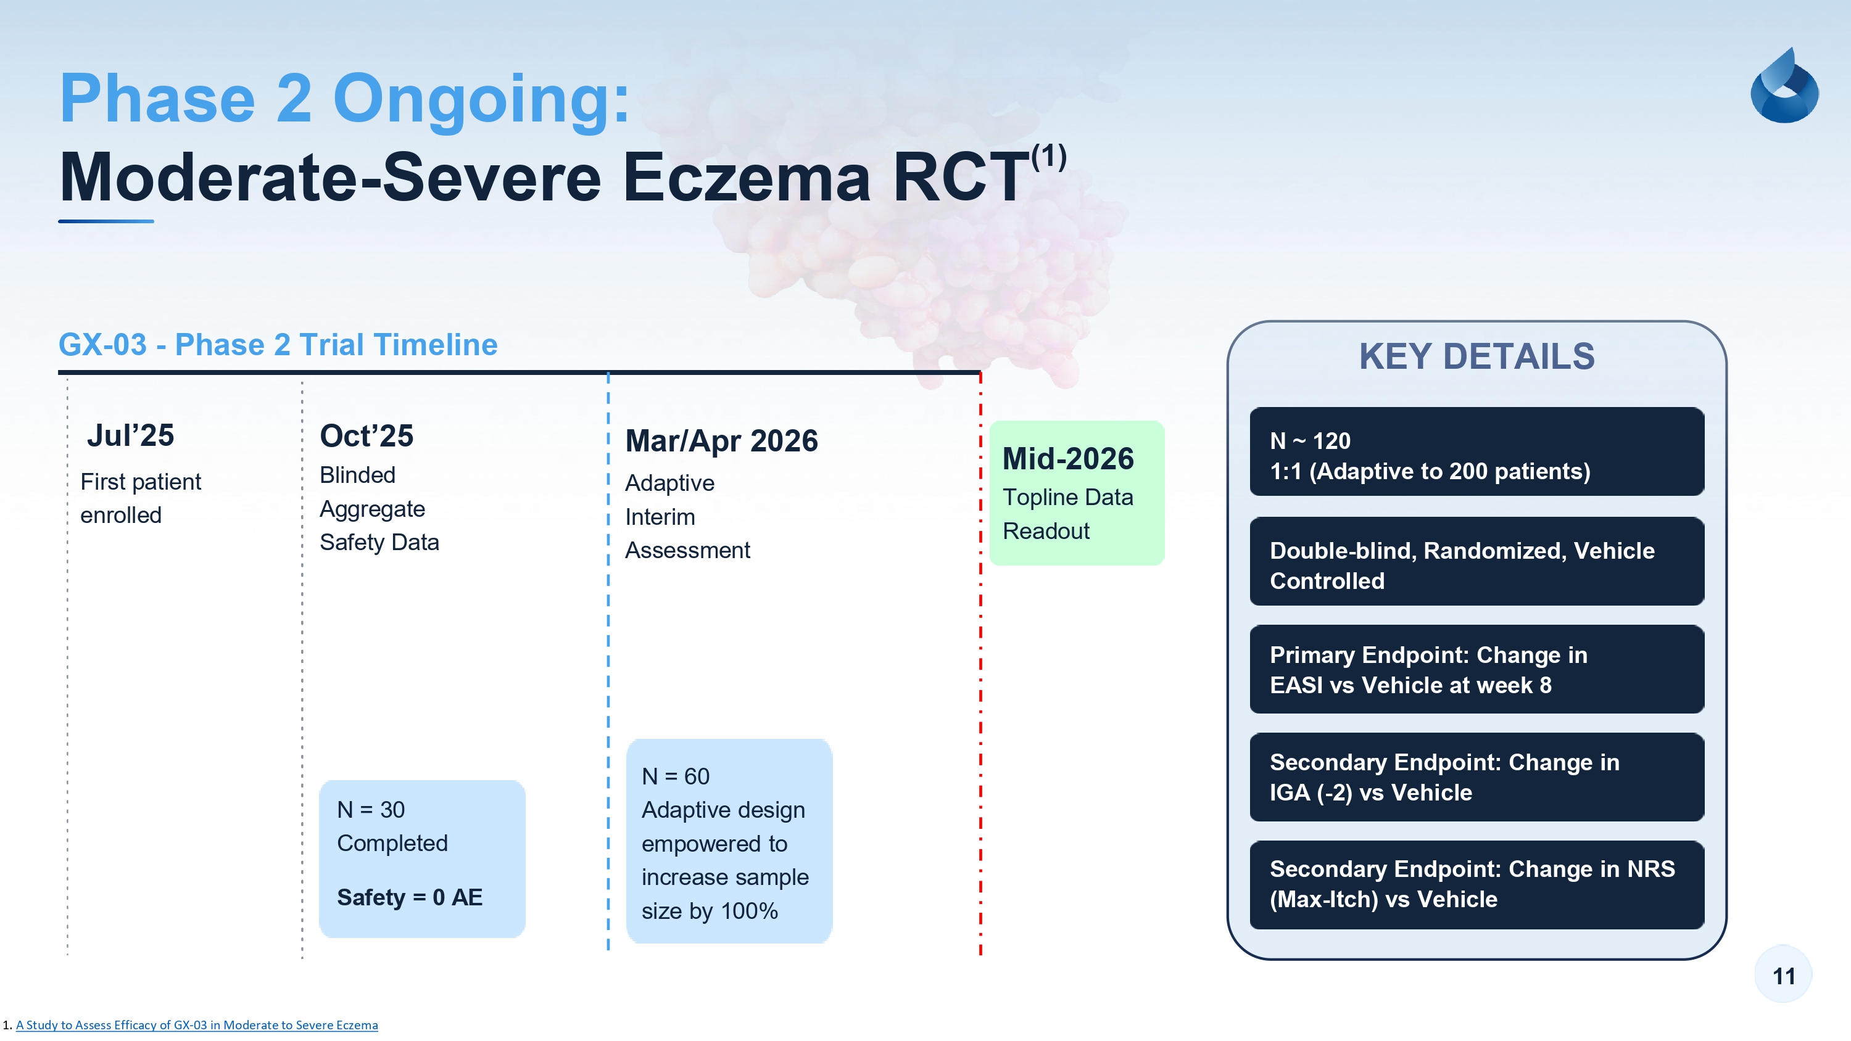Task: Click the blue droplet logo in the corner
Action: (x=1784, y=86)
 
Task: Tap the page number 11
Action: (x=1784, y=976)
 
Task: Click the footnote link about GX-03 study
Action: (x=196, y=1025)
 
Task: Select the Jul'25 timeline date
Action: (x=130, y=435)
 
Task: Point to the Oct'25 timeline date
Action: (x=366, y=435)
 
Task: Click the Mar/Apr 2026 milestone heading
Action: (x=721, y=440)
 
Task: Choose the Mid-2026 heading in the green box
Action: (x=1068, y=458)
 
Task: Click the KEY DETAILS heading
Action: (x=1476, y=356)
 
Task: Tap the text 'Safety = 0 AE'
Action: (x=410, y=897)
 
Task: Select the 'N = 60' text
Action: (x=676, y=776)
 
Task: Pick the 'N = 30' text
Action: (x=371, y=810)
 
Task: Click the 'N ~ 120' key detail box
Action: (x=1476, y=452)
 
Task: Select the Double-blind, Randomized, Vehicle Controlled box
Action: (x=1476, y=561)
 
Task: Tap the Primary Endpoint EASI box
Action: (x=1476, y=669)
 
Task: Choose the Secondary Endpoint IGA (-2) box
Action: (x=1476, y=776)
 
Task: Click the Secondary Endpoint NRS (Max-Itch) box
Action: (x=1476, y=884)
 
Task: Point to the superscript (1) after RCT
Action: (x=1049, y=156)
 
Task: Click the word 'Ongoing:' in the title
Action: (x=481, y=101)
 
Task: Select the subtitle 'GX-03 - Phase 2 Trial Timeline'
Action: (x=278, y=345)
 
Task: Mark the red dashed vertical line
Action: (x=980, y=665)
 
